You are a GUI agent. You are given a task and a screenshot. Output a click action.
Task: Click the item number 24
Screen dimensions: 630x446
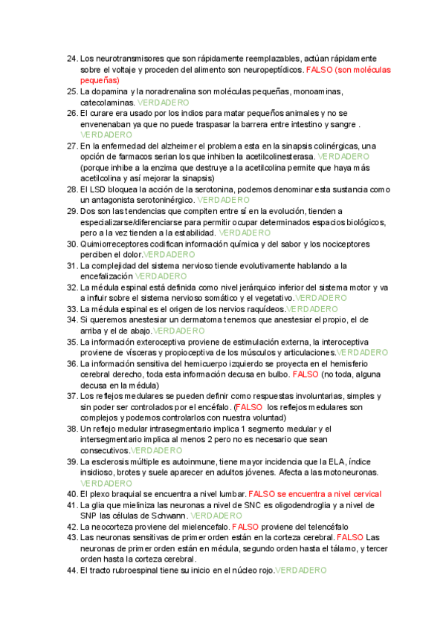[71, 58]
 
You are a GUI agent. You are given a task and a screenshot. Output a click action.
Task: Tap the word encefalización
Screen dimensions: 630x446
[106, 276]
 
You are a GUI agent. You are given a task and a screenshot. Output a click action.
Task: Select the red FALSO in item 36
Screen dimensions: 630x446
[306, 374]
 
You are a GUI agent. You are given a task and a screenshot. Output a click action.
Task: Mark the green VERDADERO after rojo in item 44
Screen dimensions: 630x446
[300, 570]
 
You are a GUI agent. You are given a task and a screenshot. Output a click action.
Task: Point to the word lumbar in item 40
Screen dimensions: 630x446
[228, 493]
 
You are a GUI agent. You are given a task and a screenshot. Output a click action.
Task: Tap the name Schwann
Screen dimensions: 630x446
[168, 516]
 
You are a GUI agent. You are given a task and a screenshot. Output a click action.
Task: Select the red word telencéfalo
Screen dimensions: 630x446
[329, 526]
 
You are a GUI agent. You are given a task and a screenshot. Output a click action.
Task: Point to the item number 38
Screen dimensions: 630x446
[71, 429]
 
